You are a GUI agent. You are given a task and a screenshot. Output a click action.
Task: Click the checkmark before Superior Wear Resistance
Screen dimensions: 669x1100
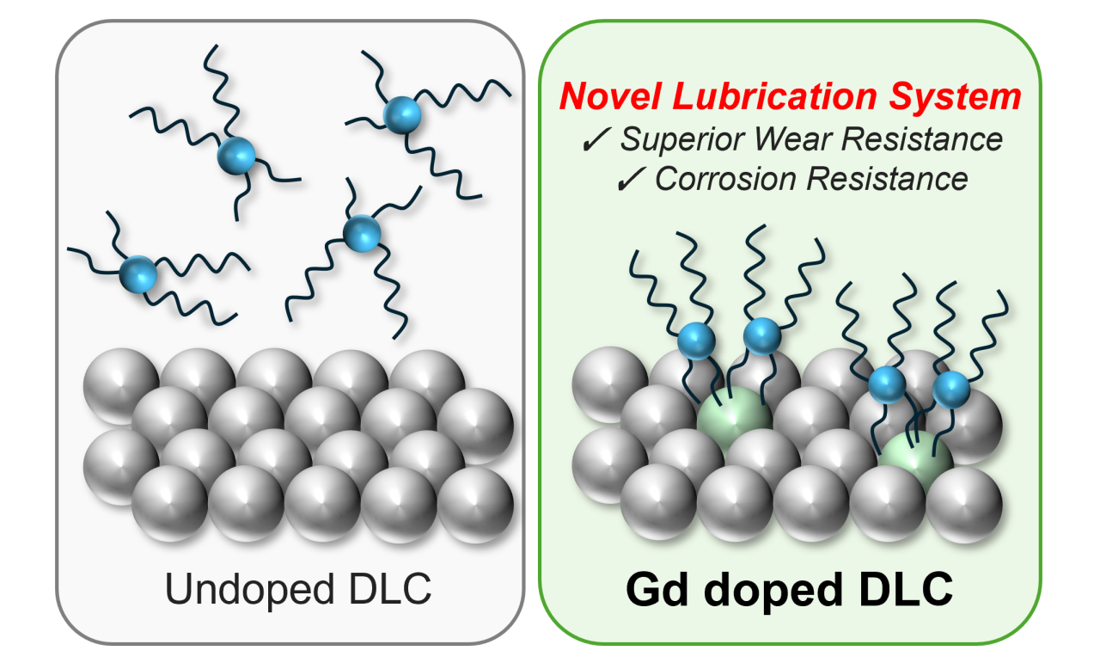(x=593, y=140)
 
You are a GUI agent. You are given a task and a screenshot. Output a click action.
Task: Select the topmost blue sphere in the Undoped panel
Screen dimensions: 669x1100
(x=397, y=114)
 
